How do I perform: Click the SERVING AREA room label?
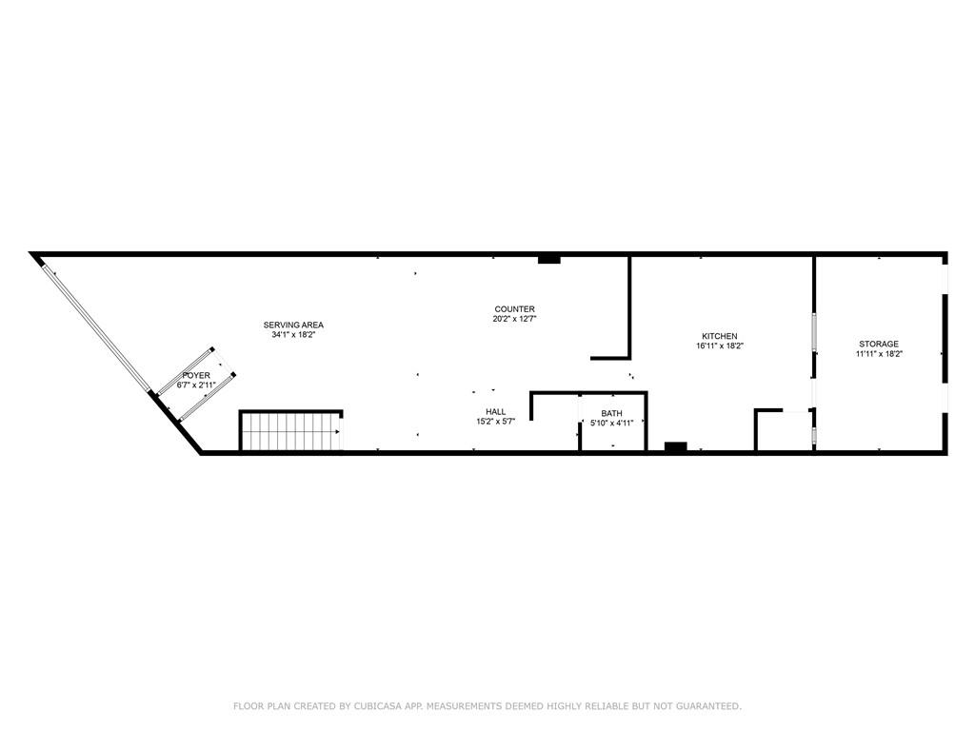[x=293, y=326]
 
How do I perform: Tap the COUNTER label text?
[x=515, y=309]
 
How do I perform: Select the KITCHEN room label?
[x=720, y=336]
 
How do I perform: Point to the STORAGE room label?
[x=879, y=344]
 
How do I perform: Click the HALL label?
[x=495, y=411]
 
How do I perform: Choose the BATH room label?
[x=612, y=413]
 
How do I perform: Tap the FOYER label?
[x=196, y=375]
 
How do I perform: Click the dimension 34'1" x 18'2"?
[x=293, y=334]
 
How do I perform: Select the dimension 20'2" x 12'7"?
[x=515, y=318]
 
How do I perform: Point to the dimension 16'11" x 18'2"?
[x=720, y=346]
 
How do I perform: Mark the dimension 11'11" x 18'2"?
[x=879, y=353]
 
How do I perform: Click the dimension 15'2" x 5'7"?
[x=495, y=421]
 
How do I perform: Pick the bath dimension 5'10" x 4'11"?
[x=612, y=423]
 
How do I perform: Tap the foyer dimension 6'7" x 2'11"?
[x=196, y=385]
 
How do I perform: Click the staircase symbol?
[x=291, y=431]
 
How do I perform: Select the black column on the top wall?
[x=549, y=259]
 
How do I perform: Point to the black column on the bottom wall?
[x=675, y=447]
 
